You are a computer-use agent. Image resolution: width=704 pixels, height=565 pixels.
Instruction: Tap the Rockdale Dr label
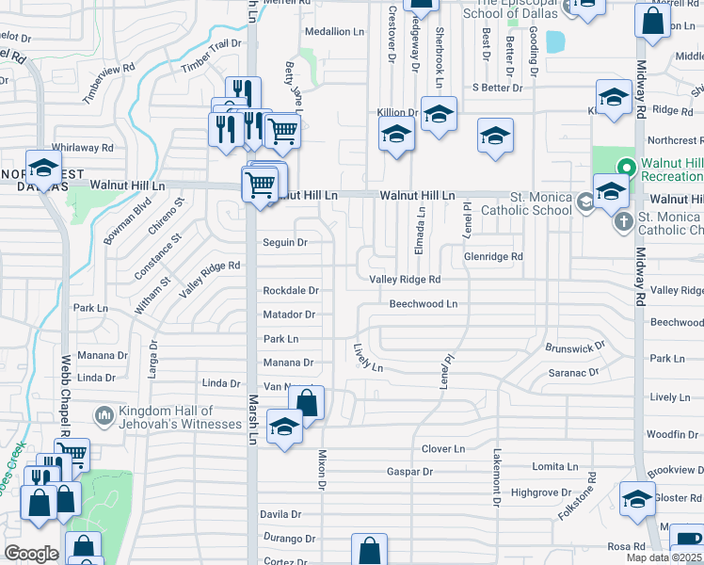pyautogui.click(x=291, y=291)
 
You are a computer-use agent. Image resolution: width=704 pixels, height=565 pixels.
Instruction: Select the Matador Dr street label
pyautogui.click(x=288, y=315)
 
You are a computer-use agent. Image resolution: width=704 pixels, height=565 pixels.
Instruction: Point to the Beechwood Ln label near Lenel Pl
pyautogui.click(x=424, y=304)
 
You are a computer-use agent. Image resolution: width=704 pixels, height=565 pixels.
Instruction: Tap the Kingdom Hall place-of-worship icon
pyautogui.click(x=104, y=414)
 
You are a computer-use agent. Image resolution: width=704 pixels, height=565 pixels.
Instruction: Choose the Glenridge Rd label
pyautogui.click(x=493, y=256)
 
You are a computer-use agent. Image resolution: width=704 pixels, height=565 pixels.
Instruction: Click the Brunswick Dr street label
pyautogui.click(x=574, y=347)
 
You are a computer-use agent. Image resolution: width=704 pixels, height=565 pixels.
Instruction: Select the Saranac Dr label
pyautogui.click(x=573, y=373)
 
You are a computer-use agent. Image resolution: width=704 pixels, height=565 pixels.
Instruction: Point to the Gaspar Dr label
pyautogui.click(x=409, y=472)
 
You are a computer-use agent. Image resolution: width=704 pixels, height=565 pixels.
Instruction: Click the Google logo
pyautogui.click(x=30, y=554)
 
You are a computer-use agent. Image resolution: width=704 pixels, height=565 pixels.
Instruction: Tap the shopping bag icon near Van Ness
pyautogui.click(x=306, y=403)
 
